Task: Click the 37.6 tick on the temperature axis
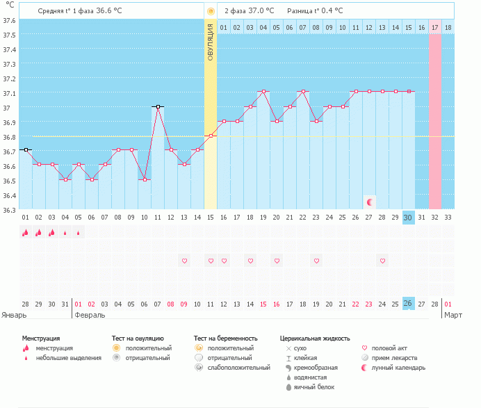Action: (x=9, y=19)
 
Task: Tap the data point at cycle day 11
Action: (x=158, y=106)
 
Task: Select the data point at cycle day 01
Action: (x=26, y=149)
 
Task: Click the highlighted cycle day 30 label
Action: (x=409, y=218)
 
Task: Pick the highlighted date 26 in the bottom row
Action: (x=409, y=304)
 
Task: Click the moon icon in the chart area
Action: (x=370, y=202)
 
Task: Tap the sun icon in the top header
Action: (x=211, y=12)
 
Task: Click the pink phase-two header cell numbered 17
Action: (x=435, y=27)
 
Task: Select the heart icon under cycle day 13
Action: (x=184, y=261)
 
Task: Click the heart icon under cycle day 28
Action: (x=382, y=261)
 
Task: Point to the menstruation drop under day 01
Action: (x=26, y=233)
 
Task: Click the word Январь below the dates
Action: (x=15, y=315)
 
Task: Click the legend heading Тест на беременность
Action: (x=231, y=338)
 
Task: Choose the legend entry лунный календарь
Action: (x=398, y=367)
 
